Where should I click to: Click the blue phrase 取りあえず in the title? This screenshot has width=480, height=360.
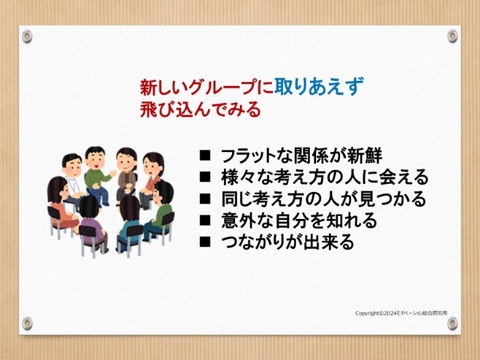[x=319, y=86]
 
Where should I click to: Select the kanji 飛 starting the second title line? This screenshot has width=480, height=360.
[x=149, y=109]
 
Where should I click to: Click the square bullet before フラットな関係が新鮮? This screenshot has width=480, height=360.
[x=205, y=155]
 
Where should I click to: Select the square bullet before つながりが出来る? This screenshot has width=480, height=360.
[x=205, y=242]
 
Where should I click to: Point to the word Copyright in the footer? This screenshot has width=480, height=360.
[x=367, y=313]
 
